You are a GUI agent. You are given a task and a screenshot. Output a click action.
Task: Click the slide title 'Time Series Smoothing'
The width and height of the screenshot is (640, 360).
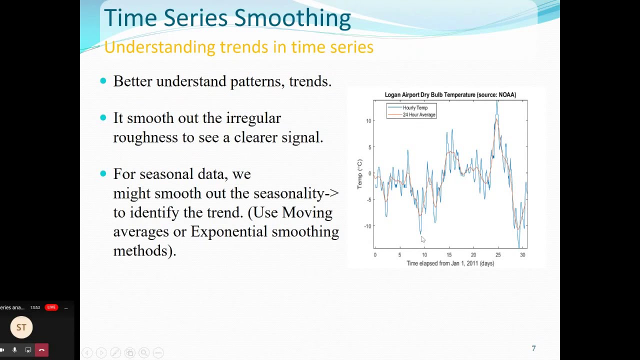click(227, 18)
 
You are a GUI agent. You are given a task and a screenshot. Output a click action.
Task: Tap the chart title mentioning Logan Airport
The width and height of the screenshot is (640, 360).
click(450, 94)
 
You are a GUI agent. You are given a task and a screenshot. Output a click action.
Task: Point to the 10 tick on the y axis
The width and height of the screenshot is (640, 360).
click(368, 121)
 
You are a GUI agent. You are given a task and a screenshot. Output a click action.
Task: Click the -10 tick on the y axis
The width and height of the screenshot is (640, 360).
click(367, 226)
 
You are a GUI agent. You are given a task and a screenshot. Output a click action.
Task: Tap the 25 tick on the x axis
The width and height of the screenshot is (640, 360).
click(498, 255)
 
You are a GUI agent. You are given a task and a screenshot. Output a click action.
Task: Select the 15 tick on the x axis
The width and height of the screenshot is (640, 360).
click(448, 255)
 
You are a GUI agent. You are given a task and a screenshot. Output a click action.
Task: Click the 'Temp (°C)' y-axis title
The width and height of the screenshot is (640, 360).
click(359, 174)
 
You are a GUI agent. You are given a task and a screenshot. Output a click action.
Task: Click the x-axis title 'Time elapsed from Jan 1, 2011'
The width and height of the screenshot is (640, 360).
click(450, 263)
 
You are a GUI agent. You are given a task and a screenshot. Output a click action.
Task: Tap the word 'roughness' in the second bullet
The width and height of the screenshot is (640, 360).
click(145, 137)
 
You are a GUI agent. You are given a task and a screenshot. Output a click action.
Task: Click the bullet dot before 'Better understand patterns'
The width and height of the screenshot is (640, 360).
click(103, 81)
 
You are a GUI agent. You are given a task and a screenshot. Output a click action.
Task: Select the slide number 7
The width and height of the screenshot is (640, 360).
click(533, 348)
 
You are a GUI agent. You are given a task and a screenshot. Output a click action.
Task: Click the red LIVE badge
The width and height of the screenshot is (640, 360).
click(51, 307)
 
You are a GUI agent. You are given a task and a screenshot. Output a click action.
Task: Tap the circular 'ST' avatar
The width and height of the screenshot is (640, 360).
click(21, 327)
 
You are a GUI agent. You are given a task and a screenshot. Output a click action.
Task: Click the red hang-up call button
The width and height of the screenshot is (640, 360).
click(41, 350)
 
